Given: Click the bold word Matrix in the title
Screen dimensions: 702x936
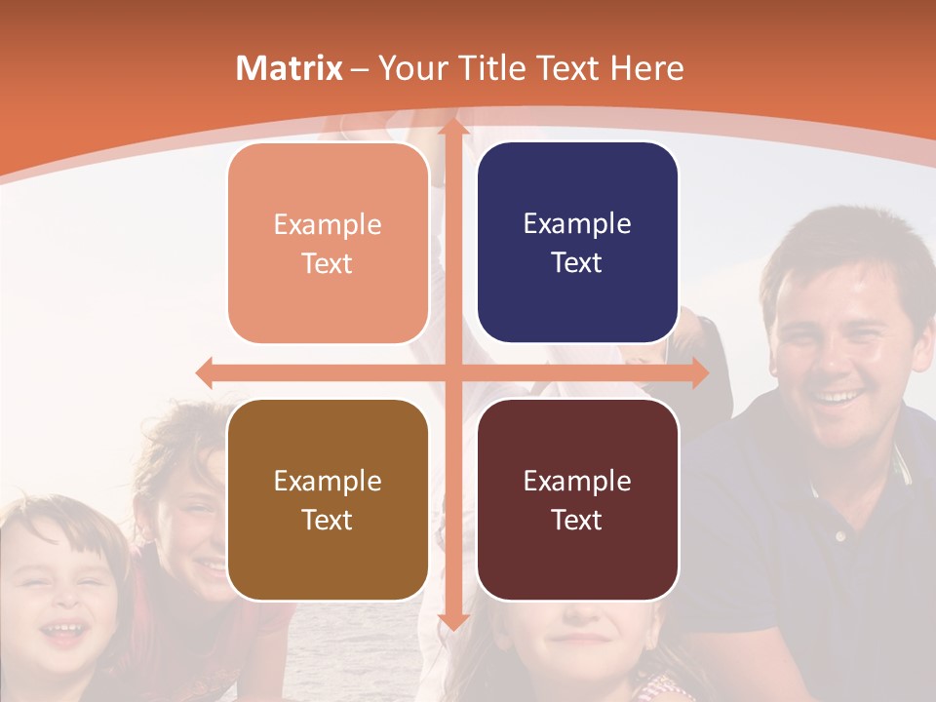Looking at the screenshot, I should (x=290, y=68).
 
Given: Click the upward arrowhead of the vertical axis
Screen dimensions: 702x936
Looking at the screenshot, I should (x=452, y=128).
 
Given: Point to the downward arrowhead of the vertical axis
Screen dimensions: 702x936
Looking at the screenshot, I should (x=452, y=621).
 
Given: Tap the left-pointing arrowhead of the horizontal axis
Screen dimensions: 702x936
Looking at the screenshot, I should (x=206, y=372).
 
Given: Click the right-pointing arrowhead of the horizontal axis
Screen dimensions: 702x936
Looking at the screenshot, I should (x=699, y=372).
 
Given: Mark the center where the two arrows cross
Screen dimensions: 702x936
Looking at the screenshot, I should (x=452, y=372).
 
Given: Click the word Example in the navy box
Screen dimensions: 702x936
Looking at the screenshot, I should (x=577, y=223).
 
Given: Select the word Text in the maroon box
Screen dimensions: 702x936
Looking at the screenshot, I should (x=577, y=520).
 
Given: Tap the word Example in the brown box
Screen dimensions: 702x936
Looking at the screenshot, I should (x=328, y=481).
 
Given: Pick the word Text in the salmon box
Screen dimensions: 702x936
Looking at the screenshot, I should (x=328, y=263).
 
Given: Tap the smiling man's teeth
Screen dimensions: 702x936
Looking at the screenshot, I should (x=838, y=397).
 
